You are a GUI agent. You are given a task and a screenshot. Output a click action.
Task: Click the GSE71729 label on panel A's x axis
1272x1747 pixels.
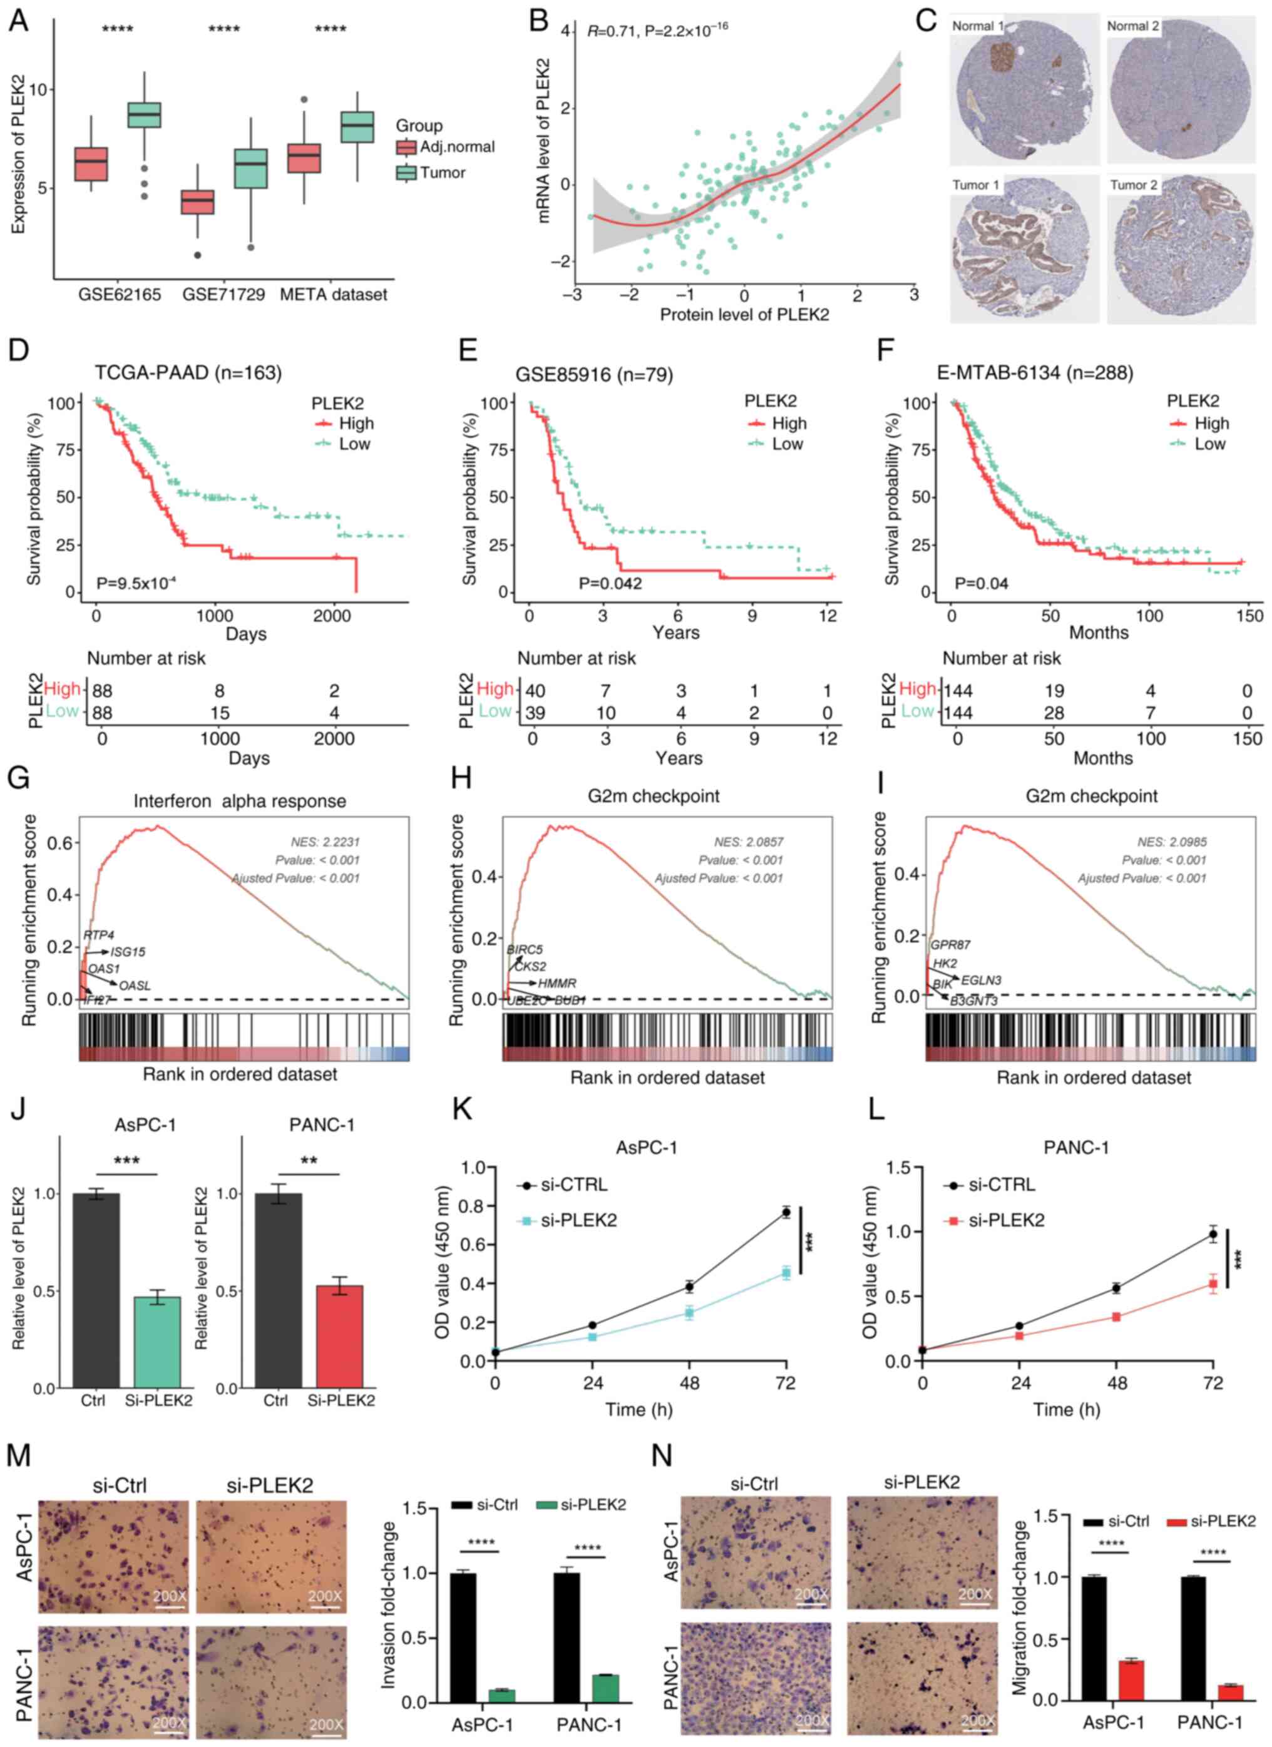(x=223, y=295)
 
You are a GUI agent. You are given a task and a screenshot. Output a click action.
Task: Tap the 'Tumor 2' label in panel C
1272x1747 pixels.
(x=1132, y=185)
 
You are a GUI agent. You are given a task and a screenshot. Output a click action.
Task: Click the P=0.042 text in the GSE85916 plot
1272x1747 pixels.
(x=610, y=583)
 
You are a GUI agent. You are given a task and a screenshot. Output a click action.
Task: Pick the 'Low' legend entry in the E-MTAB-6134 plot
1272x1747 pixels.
(x=1209, y=444)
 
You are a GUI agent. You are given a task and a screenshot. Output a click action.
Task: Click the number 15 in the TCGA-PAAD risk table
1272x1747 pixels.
(x=220, y=713)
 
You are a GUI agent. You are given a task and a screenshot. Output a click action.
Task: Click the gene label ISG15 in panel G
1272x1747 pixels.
(x=127, y=952)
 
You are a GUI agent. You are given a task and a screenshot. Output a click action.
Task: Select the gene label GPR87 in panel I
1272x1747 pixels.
(x=950, y=944)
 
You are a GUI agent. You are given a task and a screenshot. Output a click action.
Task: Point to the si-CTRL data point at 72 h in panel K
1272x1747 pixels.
(x=786, y=1213)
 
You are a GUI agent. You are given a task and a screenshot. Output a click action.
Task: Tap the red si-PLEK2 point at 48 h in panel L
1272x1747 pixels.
(x=1116, y=1317)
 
